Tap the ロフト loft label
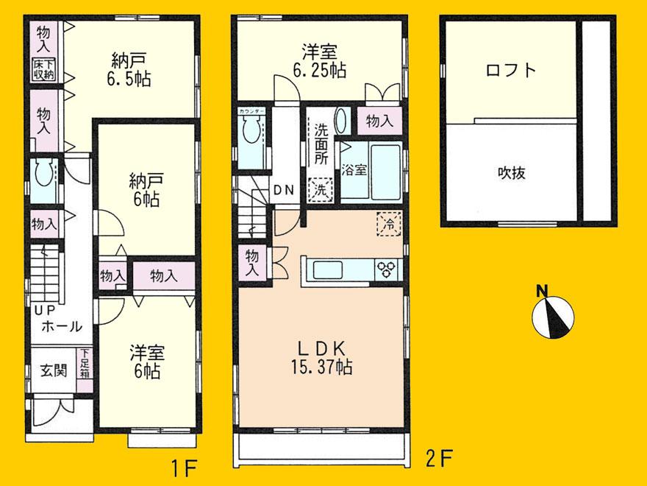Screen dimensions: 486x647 click(510, 71)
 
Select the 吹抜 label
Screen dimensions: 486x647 click(510, 174)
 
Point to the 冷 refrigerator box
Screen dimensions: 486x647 click(389, 223)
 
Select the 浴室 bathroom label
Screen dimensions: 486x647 click(354, 170)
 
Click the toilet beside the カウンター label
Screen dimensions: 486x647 click(251, 135)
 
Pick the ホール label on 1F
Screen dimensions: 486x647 click(62, 328)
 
